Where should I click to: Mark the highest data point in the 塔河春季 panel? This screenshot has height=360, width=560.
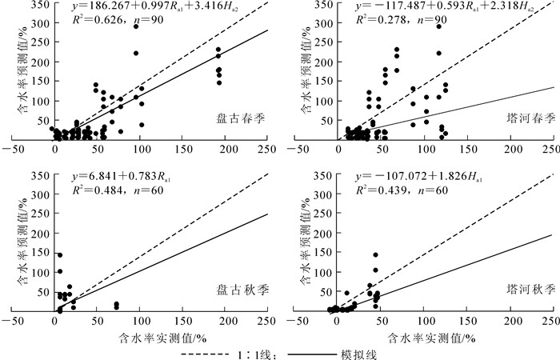(438, 26)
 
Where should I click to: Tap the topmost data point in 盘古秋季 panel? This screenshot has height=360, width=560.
(59, 255)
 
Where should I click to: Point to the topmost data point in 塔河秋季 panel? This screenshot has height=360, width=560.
(375, 255)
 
